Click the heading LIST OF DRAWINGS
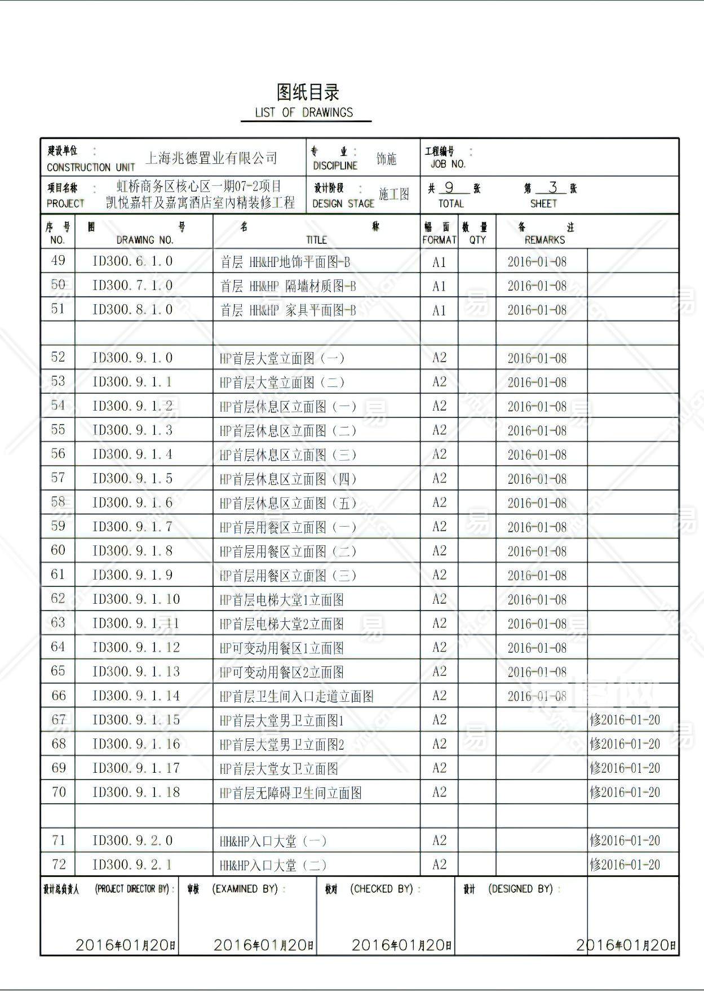304,112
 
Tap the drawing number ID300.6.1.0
132,261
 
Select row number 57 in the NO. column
58,478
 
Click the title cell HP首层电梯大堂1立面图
282,600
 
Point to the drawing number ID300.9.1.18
136,792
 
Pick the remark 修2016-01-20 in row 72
625,865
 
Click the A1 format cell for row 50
439,286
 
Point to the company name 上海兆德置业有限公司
211,158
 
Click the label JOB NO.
448,164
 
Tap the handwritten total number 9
449,188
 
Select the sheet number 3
553,188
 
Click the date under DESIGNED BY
626,945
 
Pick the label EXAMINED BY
245,889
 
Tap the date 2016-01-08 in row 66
537,697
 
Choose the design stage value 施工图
394,194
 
